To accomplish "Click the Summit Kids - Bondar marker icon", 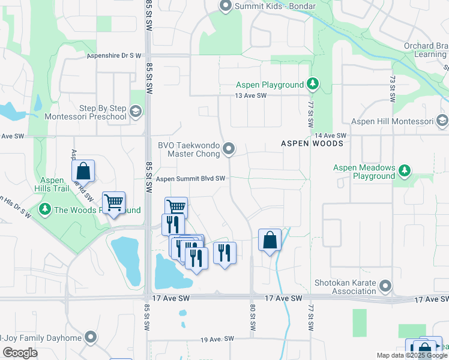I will [226, 7].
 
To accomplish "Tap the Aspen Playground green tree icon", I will [312, 85].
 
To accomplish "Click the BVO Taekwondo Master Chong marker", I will [229, 148].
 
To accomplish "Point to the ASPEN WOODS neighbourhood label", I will [312, 143].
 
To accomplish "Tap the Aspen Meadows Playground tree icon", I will [405, 171].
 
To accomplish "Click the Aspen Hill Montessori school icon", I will [443, 121].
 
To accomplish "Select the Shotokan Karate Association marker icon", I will [385, 287].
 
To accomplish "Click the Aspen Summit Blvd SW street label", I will [190, 179].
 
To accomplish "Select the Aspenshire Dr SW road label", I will [114, 55].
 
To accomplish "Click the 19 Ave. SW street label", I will [217, 340].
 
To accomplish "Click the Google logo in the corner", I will [20, 353].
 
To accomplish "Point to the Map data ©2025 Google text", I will [412, 355].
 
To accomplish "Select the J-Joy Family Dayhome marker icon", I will [90, 337].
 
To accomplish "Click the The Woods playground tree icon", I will [45, 210].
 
